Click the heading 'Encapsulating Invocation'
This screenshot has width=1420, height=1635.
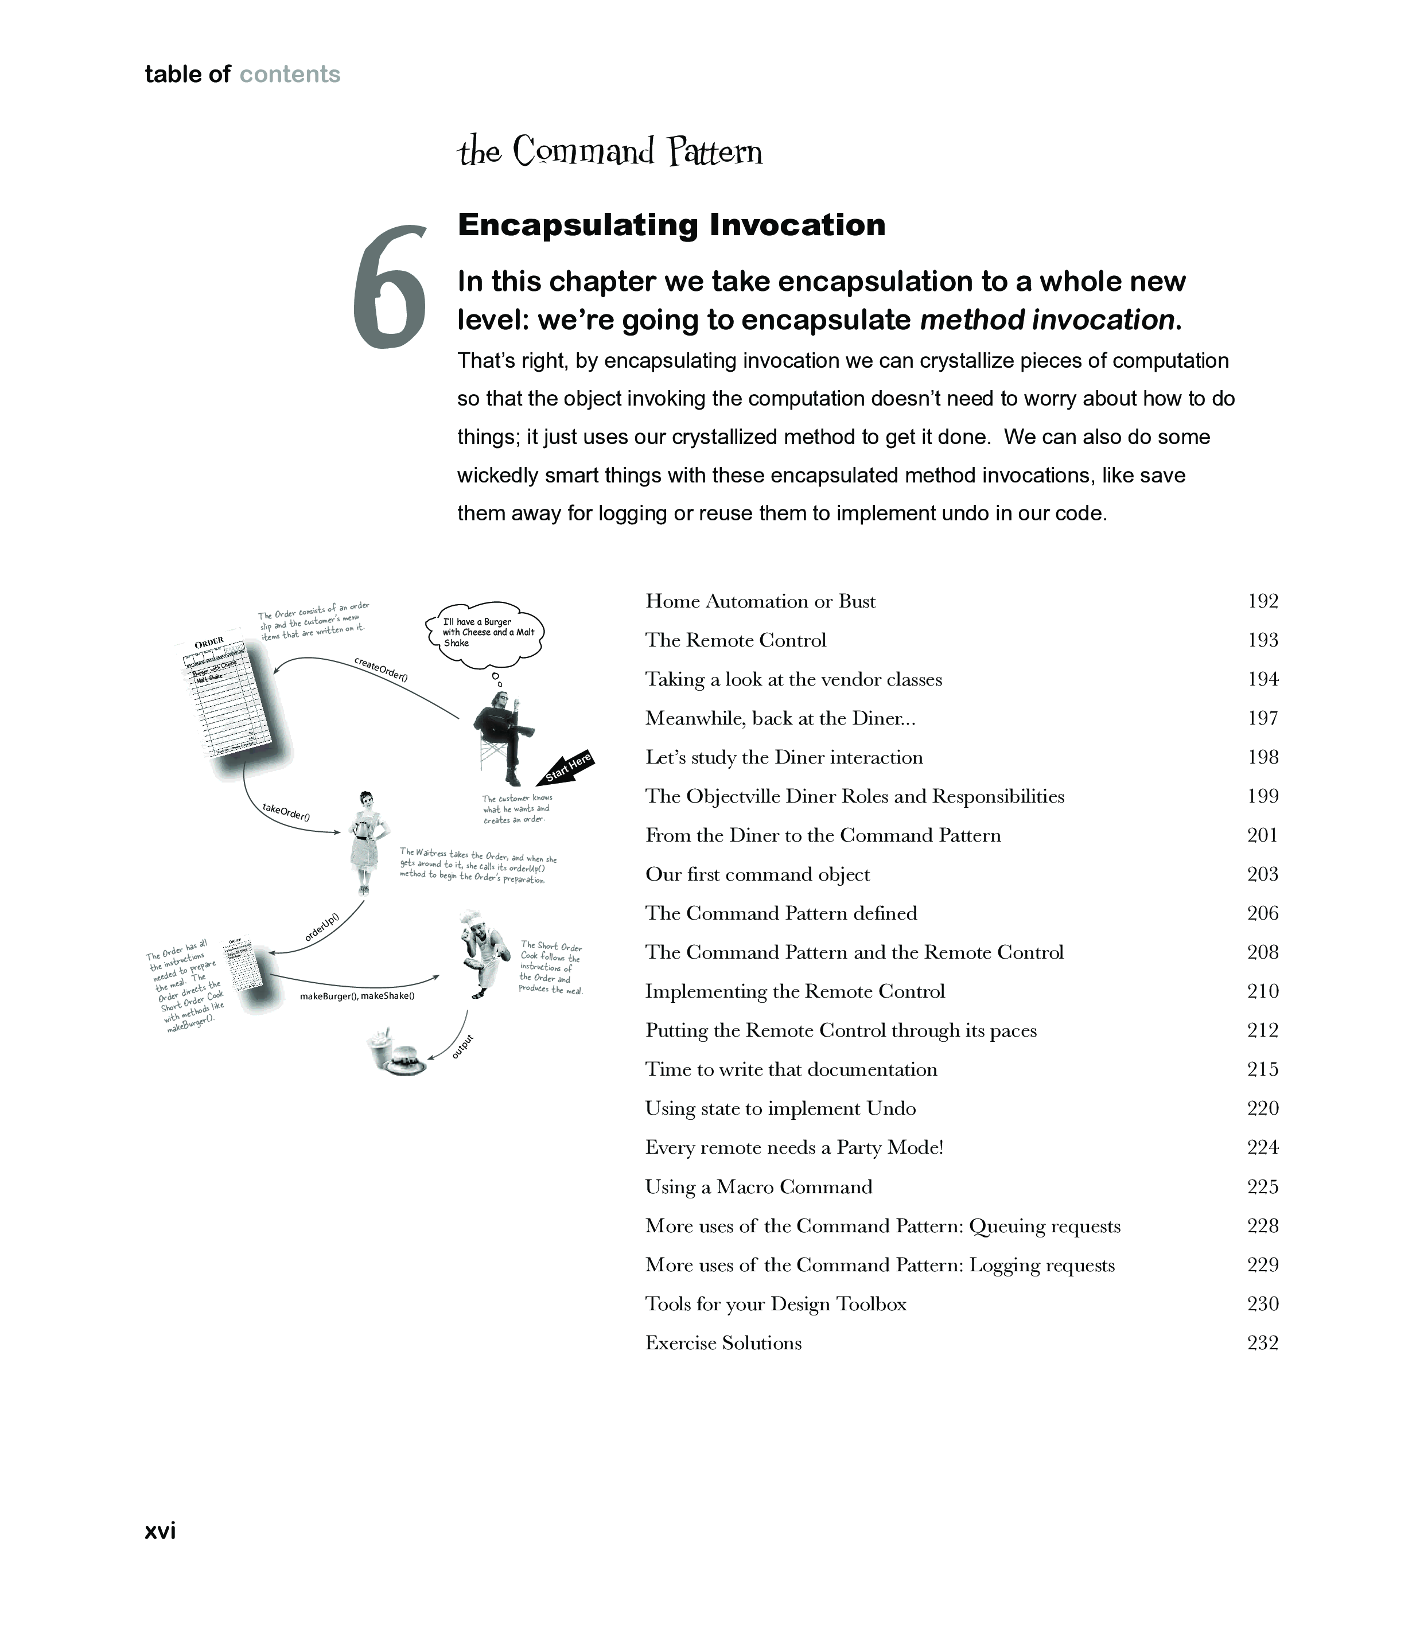point(671,225)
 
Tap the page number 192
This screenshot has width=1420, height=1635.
point(1262,601)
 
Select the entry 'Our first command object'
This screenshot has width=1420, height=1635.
point(757,874)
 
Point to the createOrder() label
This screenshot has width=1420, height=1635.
point(380,669)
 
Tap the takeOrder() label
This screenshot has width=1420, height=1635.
point(286,812)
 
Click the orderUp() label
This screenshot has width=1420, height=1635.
point(322,928)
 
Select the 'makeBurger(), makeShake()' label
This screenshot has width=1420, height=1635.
point(357,996)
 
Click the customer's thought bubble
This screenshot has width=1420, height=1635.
point(488,633)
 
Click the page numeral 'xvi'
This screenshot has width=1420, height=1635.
point(160,1531)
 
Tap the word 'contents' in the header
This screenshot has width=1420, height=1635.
point(289,75)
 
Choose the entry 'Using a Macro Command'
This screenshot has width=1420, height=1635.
point(758,1186)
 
